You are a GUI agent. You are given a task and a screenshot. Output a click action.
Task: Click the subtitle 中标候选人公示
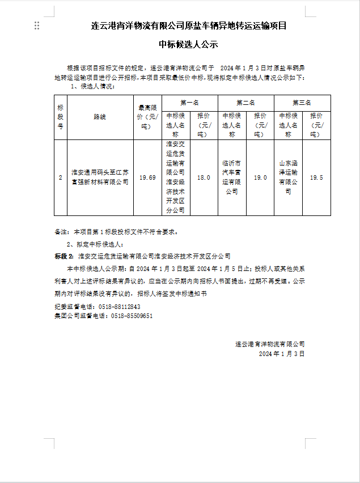pos(180,44)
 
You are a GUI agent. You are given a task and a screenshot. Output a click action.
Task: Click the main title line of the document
pos(180,26)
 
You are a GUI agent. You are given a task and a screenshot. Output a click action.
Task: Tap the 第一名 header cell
pos(190,103)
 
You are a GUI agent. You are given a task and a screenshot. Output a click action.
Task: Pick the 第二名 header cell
pos(246,103)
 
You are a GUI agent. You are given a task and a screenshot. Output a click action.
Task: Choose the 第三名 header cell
pos(302,103)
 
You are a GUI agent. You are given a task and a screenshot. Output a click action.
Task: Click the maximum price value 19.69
pos(147,177)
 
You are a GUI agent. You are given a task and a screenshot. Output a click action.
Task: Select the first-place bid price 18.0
pos(204,177)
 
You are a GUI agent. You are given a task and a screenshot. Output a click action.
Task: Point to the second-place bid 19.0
pos(260,177)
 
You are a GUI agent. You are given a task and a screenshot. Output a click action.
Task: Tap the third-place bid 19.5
pos(316,177)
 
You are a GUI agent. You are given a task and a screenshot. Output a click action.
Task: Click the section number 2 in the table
pos(61,177)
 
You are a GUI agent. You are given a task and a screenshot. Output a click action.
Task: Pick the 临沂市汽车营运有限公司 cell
pos(232,177)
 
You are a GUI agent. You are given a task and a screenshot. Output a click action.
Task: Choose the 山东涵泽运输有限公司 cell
pos(288,177)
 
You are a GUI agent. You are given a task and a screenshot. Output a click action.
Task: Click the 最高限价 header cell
pos(147,117)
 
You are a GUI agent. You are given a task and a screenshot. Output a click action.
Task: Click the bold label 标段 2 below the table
pos(64,256)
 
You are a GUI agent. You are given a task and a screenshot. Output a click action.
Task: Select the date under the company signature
pos(281,353)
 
